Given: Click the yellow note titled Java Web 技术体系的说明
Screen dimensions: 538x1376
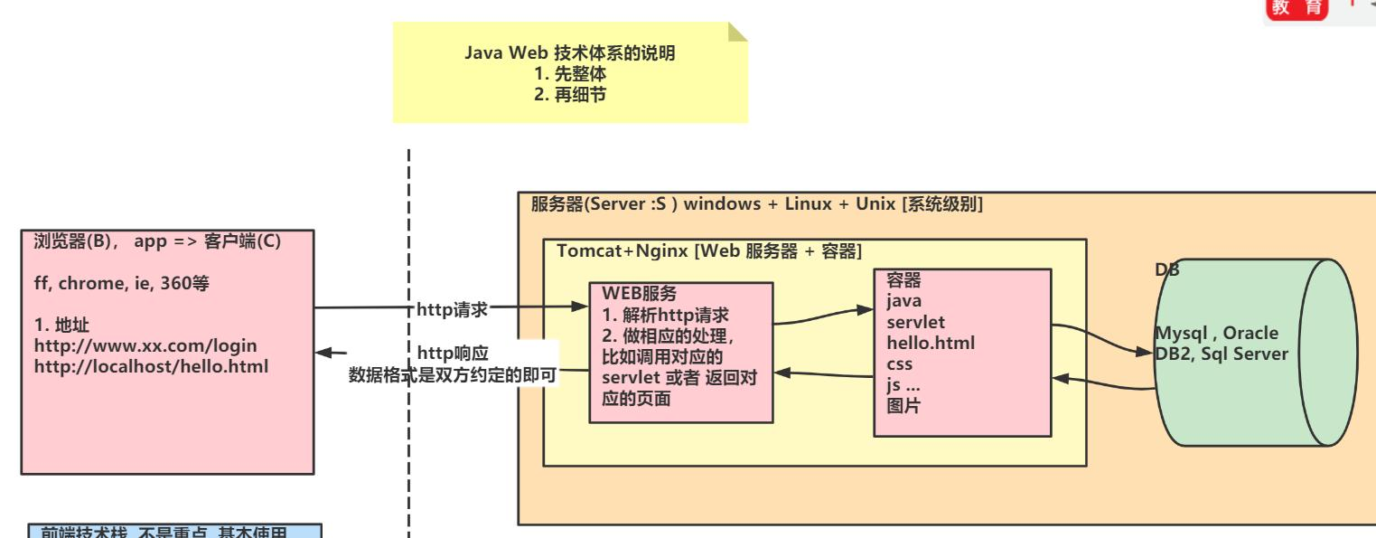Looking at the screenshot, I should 570,73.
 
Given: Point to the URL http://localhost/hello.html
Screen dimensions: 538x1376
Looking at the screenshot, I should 152,367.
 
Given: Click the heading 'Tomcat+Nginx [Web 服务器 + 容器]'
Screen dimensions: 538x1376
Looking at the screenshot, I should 709,250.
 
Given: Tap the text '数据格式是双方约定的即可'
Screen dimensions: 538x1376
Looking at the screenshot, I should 452,373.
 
